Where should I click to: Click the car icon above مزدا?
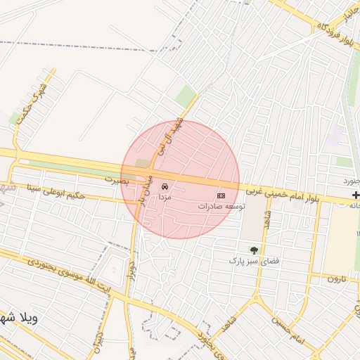tap(165, 187)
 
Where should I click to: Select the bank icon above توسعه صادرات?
tap(221, 195)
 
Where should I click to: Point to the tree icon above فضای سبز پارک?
tap(254, 250)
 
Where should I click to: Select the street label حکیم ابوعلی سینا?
tap(75, 191)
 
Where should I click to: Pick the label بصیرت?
tap(118, 180)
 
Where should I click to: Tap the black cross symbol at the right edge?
tap(356, 195)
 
